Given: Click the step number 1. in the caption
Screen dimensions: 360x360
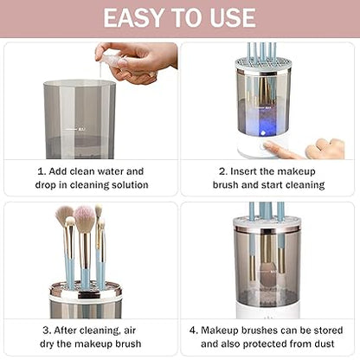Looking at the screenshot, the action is (42, 171).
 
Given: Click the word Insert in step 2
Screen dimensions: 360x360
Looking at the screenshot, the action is (243, 171).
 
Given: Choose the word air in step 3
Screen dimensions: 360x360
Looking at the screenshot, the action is (130, 331).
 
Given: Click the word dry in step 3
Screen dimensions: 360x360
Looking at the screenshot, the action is (47, 344).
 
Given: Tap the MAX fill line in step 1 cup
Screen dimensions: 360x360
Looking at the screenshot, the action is (75, 129).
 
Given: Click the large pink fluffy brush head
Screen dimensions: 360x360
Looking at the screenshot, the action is (84, 218).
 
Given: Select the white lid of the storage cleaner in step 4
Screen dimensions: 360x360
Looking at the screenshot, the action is (267, 222).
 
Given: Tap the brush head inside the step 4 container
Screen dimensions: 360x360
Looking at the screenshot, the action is (268, 275).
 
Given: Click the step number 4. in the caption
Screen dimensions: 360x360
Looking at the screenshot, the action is (194, 331).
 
